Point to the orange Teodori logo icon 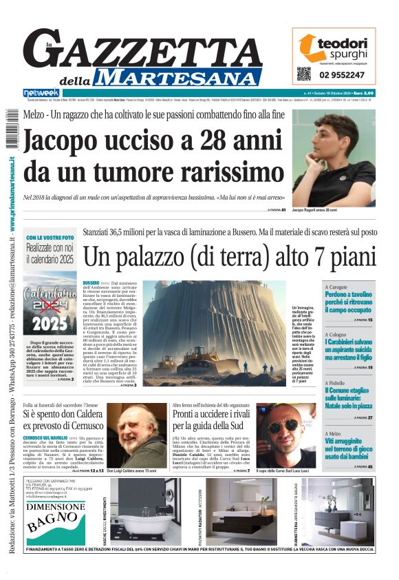tap(308, 46)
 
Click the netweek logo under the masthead tap(41, 93)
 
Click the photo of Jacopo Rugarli tap(333, 158)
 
